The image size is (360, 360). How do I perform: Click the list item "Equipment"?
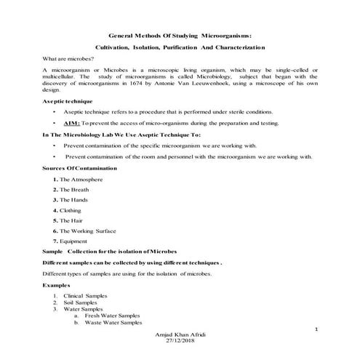(x=73, y=241)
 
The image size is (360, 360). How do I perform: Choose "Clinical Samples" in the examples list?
(x=85, y=296)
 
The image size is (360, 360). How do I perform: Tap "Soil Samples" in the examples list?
(x=79, y=303)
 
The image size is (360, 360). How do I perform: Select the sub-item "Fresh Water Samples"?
(x=113, y=316)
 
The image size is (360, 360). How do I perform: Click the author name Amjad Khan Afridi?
(x=180, y=333)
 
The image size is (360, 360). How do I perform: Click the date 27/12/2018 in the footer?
(x=180, y=340)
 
